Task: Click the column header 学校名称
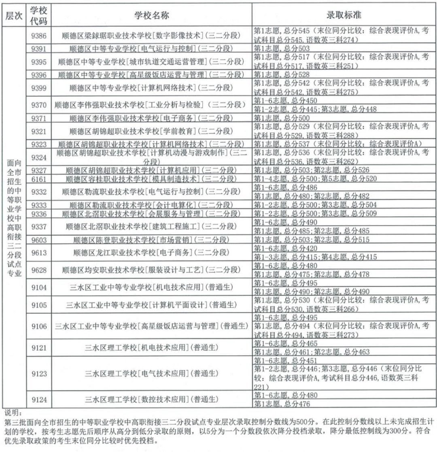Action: coord(151,15)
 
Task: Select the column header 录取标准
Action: coord(344,15)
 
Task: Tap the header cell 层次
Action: coord(14,15)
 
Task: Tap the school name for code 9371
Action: coord(151,118)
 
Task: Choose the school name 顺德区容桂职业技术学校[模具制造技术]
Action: coord(151,179)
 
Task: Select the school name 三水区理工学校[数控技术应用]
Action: coord(151,400)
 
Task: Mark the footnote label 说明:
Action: coord(12,413)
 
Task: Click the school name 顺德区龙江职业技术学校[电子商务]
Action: coord(151,253)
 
